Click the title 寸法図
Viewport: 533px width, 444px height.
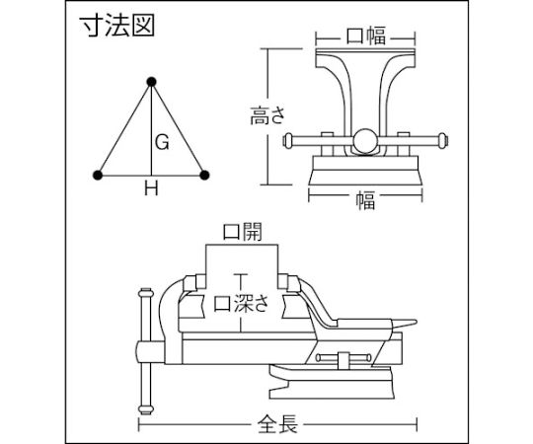tap(116, 26)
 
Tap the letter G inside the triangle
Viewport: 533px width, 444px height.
tap(162, 142)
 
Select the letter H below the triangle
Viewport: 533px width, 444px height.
tap(151, 187)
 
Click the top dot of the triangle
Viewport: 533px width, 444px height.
tap(151, 82)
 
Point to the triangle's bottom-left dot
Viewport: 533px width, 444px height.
tap(98, 175)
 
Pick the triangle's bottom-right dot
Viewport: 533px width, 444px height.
tap(204, 175)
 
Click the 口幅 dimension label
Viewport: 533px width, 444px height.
tap(366, 36)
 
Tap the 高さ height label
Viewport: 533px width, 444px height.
tap(267, 115)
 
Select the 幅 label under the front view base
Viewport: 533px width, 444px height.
tap(365, 200)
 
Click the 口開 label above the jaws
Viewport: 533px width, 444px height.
tap(243, 232)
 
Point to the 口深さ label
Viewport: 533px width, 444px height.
tap(241, 303)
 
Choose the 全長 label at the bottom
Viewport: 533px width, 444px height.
tap(277, 424)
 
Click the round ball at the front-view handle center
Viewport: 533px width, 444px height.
tap(365, 140)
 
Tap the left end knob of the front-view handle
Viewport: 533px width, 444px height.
tap(287, 141)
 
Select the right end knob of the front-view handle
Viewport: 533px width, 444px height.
tap(442, 141)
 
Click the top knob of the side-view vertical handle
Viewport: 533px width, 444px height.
tap(145, 292)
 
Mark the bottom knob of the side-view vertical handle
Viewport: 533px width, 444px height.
tap(145, 409)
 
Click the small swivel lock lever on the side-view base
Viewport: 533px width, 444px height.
tap(343, 358)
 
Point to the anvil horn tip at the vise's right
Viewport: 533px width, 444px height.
tap(417, 322)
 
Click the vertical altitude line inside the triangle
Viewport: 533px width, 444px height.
tap(152, 130)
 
